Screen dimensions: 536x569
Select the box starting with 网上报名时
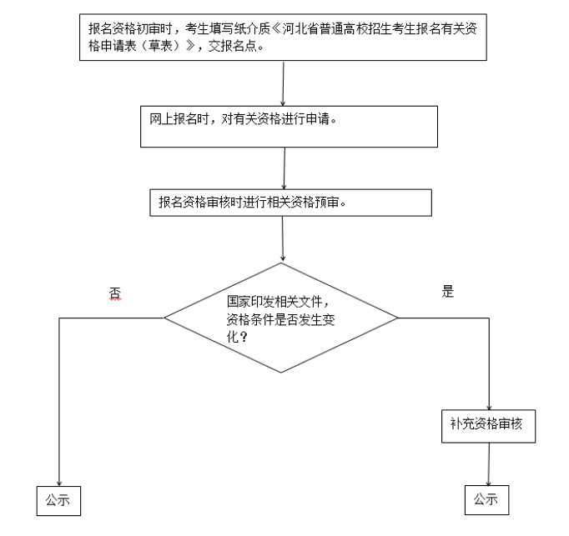[x=289, y=126]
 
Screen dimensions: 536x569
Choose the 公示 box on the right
[x=486, y=499]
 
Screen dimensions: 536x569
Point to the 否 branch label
[x=115, y=293]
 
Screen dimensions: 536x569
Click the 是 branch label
[x=447, y=292]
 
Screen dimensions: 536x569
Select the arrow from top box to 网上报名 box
[x=285, y=83]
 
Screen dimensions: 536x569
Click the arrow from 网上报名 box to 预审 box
[x=285, y=168]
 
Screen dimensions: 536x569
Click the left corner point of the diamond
[x=165, y=318]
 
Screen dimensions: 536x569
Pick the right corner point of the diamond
[x=398, y=318]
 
